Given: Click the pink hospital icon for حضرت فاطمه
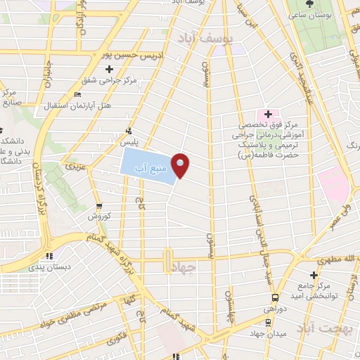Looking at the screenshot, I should coord(267,113).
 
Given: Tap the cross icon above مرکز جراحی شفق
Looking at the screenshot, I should coord(109,69).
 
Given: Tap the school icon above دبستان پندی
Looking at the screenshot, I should coord(49,256).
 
